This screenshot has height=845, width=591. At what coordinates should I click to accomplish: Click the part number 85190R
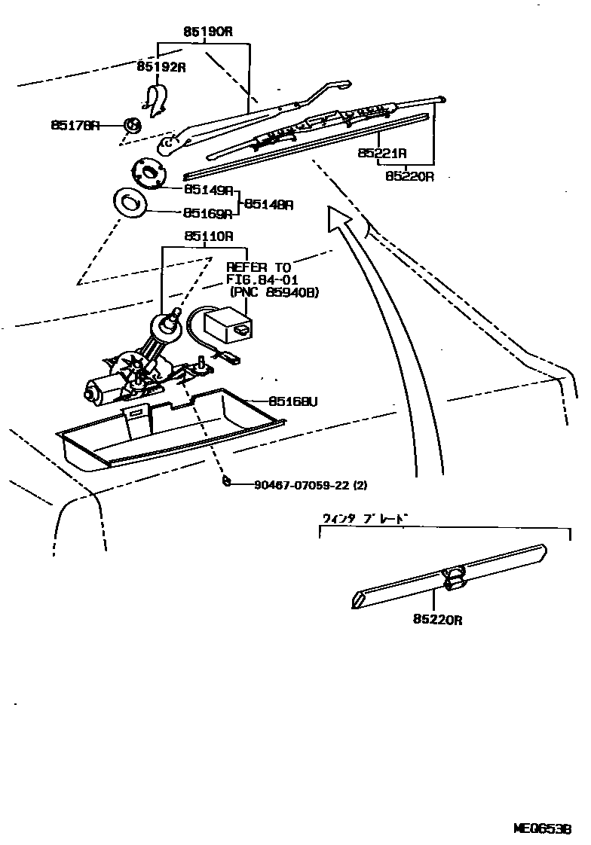(x=207, y=32)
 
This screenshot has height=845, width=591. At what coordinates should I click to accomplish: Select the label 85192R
(x=161, y=67)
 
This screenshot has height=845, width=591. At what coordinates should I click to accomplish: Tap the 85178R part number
(x=75, y=125)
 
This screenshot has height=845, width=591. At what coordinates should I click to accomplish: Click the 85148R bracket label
(x=268, y=204)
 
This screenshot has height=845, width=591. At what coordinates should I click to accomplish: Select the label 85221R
(x=382, y=153)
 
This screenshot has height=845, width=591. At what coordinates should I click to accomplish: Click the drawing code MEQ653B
(x=542, y=828)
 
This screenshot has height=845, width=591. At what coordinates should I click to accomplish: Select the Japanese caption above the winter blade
(x=365, y=518)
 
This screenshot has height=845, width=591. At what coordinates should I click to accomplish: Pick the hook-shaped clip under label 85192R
(x=157, y=101)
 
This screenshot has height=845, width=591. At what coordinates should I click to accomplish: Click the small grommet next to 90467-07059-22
(x=225, y=481)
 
